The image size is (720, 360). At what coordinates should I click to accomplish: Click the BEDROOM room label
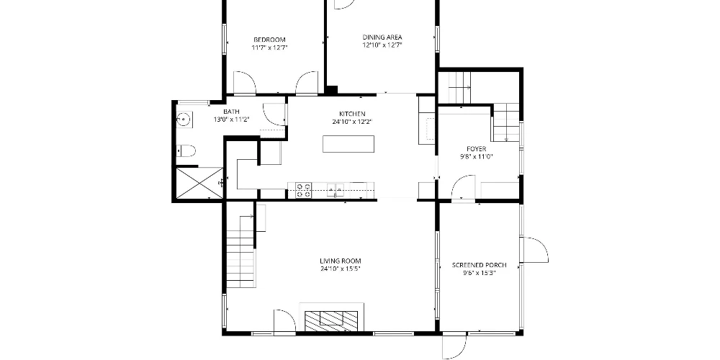[x=269, y=40]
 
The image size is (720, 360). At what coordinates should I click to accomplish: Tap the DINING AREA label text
[x=382, y=37]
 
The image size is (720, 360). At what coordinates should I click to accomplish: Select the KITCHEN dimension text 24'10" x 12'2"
[x=352, y=122]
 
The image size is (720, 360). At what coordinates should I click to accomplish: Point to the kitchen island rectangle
[x=348, y=144]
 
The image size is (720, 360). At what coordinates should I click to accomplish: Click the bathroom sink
[x=184, y=120]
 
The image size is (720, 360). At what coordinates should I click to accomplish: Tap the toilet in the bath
[x=186, y=150]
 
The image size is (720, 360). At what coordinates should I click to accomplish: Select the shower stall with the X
[x=199, y=183]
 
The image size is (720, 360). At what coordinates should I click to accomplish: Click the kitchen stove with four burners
[x=303, y=191]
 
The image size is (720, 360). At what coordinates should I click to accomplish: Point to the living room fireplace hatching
[x=332, y=320]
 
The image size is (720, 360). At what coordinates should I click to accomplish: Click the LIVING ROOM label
[x=341, y=261]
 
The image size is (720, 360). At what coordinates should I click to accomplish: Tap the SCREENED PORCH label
[x=480, y=265]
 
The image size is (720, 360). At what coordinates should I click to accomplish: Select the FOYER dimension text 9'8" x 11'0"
[x=476, y=156]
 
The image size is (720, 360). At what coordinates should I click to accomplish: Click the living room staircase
[x=240, y=251]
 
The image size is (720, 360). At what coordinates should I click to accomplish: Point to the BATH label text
[x=231, y=112]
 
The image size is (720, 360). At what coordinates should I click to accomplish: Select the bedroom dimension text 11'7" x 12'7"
[x=269, y=48]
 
